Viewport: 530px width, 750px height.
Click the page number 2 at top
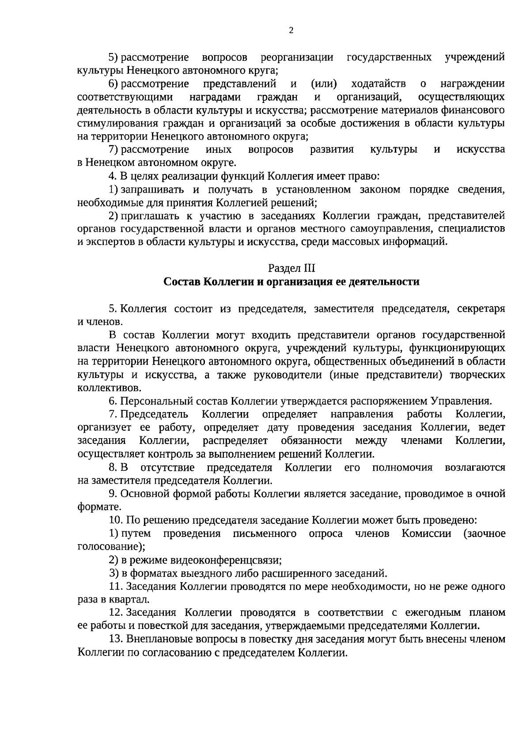pyautogui.click(x=291, y=30)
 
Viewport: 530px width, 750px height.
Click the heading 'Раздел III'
pyautogui.click(x=291, y=268)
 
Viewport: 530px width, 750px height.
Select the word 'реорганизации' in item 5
pyautogui.click(x=297, y=57)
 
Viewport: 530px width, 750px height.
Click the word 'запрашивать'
pyautogui.click(x=152, y=190)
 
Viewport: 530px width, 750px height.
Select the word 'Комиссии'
pyautogui.click(x=427, y=534)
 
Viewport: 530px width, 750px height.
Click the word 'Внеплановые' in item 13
pyautogui.click(x=156, y=640)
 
